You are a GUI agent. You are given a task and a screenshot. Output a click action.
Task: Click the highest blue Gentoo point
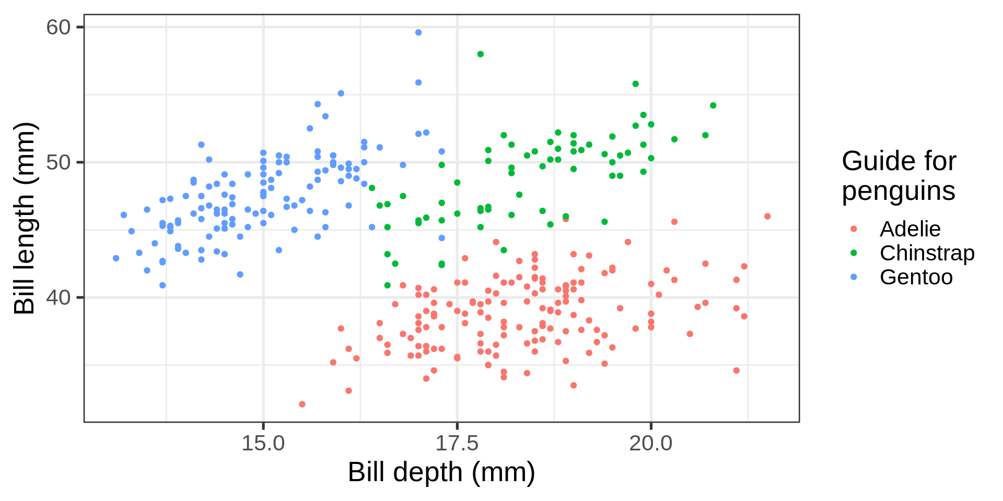point(418,32)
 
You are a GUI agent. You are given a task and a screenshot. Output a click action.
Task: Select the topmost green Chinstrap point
point(481,54)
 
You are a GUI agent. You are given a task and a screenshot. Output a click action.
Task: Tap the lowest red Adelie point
point(302,404)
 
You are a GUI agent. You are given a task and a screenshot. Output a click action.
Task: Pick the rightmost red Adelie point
point(767,217)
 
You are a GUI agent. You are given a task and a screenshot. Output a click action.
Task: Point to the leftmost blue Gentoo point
point(116,258)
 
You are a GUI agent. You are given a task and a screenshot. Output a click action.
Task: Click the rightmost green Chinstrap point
point(713,105)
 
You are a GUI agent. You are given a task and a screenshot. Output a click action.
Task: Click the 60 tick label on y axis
point(58,27)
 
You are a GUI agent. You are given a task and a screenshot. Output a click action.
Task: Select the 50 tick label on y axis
point(58,162)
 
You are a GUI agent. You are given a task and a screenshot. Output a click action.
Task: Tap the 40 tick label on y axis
point(58,297)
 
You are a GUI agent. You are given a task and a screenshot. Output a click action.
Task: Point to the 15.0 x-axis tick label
point(263,443)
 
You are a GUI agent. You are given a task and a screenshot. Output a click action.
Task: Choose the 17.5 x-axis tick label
point(457,443)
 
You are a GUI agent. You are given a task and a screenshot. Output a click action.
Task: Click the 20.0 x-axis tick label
point(650,443)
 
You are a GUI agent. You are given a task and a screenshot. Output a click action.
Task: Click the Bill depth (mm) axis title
point(441,472)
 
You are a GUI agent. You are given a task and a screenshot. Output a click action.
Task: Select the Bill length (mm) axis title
point(25,218)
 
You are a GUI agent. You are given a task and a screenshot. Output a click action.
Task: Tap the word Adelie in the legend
point(910,229)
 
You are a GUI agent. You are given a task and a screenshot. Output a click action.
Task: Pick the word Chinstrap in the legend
point(927,253)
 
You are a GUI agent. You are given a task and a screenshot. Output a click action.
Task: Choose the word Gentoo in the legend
point(916,277)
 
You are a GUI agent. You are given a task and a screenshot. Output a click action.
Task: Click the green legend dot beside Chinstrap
point(854,253)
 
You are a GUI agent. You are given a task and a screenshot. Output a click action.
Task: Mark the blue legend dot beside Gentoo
point(854,277)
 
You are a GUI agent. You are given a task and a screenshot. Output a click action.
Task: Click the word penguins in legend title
point(899,191)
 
